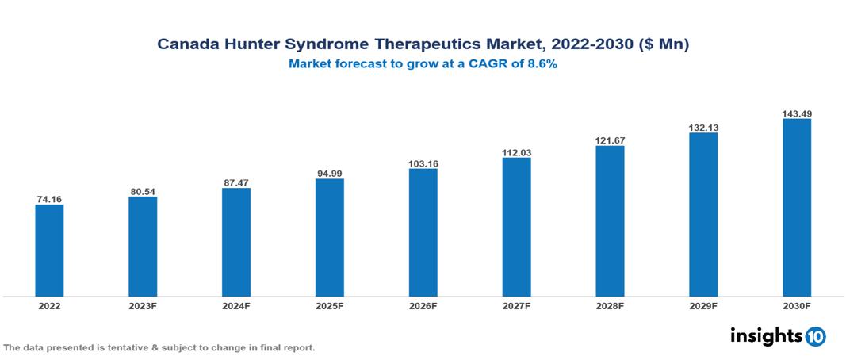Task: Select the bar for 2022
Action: point(49,251)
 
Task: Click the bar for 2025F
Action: point(330,237)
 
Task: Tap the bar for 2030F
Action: point(797,208)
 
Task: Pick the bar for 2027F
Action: point(517,227)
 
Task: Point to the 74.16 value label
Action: point(49,199)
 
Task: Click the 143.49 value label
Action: point(797,113)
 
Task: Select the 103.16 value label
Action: point(423,163)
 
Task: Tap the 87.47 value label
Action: point(236,182)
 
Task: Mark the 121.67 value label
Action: point(611,140)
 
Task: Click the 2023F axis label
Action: point(143,306)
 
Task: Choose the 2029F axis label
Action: point(703,306)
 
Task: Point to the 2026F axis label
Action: point(423,306)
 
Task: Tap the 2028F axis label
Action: point(611,306)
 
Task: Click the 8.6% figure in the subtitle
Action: point(542,65)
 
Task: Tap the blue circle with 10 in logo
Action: point(816,336)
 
